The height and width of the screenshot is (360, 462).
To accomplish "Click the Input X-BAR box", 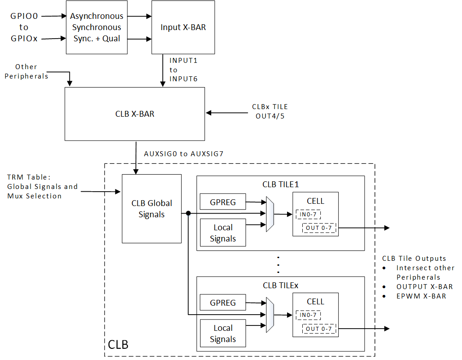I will [183, 27].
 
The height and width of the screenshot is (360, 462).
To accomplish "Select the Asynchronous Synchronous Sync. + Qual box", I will [96, 27].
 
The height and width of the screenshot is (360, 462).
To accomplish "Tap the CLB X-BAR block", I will [135, 114].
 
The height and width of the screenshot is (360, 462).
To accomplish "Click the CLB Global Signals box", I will [152, 209].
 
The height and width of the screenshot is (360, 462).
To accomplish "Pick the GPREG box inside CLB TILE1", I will [223, 202].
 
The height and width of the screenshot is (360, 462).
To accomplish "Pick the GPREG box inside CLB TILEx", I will [223, 303].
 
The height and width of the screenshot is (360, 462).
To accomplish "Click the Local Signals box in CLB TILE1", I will [223, 233].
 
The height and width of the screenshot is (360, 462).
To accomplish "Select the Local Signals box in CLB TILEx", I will [223, 334].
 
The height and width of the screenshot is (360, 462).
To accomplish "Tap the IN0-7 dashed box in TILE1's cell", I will [308, 215].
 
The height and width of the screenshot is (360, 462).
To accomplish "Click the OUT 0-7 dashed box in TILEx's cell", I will [318, 329].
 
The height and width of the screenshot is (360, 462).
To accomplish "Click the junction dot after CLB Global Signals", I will [188, 213].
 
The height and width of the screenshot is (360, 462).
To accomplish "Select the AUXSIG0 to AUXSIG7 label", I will [183, 154].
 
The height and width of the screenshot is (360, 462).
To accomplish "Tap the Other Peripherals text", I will [26, 71].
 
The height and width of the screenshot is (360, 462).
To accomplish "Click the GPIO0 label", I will [24, 16].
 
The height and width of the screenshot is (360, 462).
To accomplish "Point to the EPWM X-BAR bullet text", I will [421, 296].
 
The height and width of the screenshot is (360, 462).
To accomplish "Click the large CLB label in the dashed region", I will [118, 345].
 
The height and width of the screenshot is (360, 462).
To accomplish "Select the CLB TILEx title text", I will [280, 285].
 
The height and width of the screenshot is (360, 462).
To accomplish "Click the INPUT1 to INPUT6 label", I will [183, 70].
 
